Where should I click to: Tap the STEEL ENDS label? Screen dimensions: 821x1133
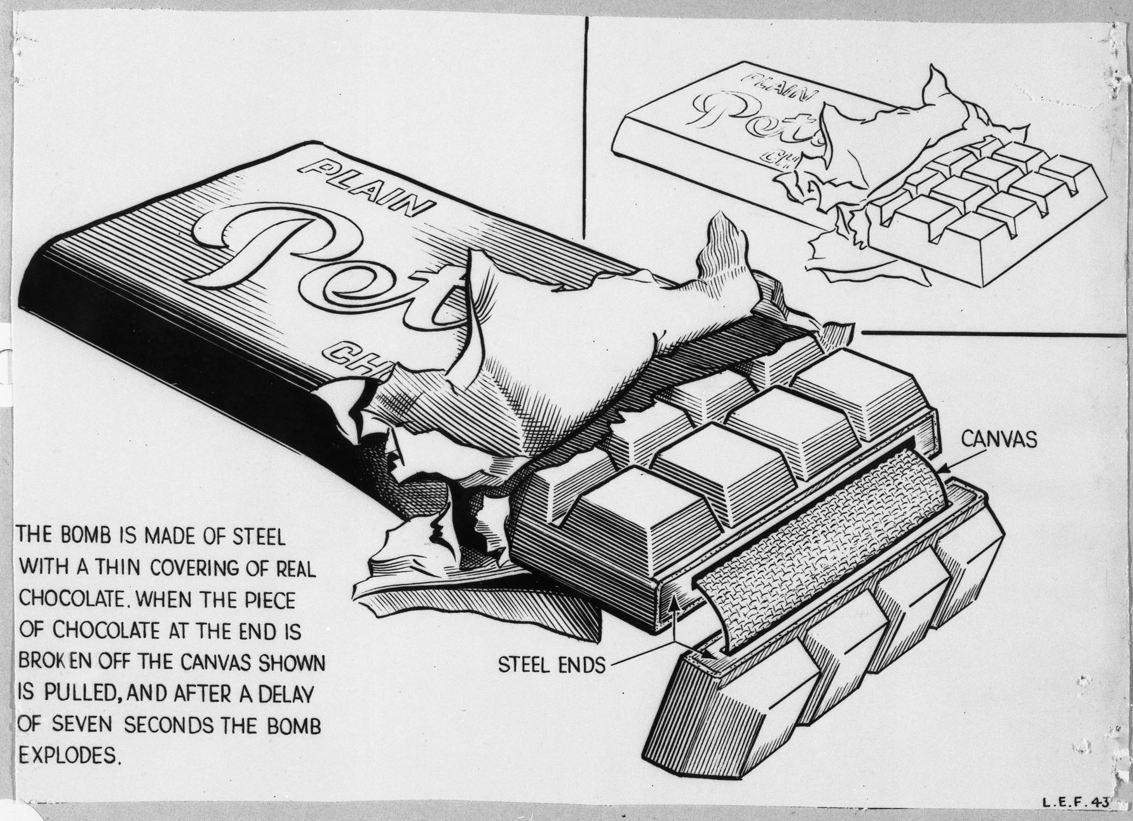(x=552, y=665)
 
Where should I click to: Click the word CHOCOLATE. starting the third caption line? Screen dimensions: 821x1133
(x=70, y=599)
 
